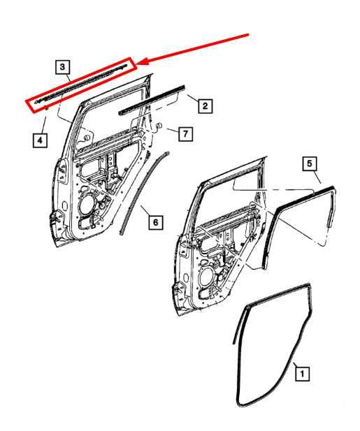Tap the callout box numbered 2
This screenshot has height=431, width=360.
pyautogui.click(x=204, y=106)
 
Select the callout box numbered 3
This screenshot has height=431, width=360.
pyautogui.click(x=63, y=68)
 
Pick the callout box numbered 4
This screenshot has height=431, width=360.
pyautogui.click(x=41, y=140)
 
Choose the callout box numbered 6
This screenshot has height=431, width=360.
pyautogui.click(x=156, y=222)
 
